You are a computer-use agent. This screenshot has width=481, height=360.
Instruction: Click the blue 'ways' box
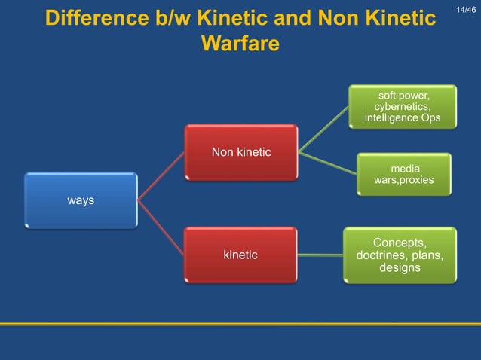(x=81, y=200)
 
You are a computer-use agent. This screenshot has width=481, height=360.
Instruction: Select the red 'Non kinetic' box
(x=240, y=153)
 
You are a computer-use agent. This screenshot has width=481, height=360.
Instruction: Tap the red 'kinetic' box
(x=240, y=255)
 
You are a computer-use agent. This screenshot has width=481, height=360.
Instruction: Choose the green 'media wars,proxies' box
(x=403, y=174)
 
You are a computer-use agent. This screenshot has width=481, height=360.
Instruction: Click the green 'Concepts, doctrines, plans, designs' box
(x=400, y=255)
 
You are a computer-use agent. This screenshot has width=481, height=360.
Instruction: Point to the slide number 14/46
(x=467, y=8)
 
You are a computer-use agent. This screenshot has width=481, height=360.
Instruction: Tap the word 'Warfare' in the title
(x=240, y=43)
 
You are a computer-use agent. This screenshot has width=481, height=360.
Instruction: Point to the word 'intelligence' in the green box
(x=393, y=118)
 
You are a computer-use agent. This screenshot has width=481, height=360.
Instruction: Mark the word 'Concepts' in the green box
(x=400, y=243)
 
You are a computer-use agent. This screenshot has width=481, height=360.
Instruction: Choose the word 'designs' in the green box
(x=400, y=268)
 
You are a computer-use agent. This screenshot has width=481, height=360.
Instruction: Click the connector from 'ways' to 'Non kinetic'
(x=161, y=176)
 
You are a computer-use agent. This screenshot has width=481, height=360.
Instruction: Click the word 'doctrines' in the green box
(x=384, y=255)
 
